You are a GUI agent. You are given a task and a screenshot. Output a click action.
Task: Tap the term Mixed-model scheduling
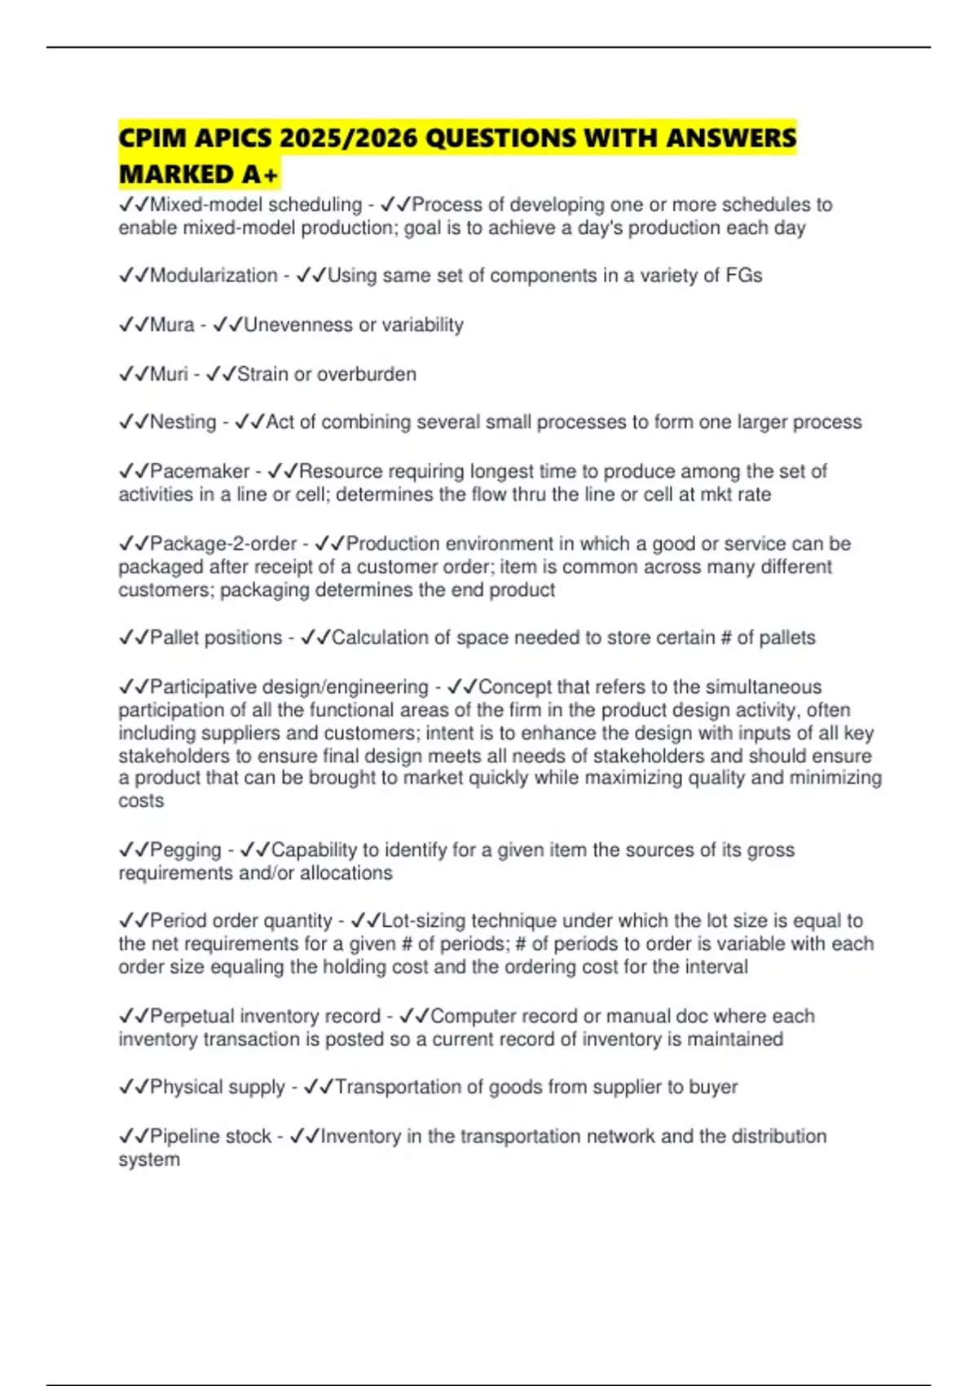(x=256, y=205)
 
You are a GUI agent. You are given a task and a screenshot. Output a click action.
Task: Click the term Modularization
(x=214, y=276)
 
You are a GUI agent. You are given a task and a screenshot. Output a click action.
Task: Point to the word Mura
(x=172, y=324)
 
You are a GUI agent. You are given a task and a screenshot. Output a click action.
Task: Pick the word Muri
(x=169, y=373)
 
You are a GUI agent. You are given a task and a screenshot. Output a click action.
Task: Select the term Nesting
(x=183, y=422)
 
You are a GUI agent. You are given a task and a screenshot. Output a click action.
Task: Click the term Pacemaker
(x=200, y=470)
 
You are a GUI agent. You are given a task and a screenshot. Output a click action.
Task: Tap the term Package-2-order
(x=223, y=543)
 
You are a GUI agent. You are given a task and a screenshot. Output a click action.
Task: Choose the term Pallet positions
(x=216, y=637)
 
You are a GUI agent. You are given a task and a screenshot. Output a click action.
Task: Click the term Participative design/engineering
(x=289, y=686)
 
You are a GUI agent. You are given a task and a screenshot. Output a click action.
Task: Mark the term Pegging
(x=185, y=850)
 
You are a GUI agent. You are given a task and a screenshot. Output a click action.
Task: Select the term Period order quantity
(x=241, y=920)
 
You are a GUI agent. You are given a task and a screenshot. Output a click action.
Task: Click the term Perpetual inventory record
(x=265, y=1016)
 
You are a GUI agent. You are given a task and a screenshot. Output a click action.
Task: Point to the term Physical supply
(x=218, y=1087)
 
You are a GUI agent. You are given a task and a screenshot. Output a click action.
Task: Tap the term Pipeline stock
(x=210, y=1136)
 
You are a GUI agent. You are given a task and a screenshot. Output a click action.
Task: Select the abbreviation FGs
(x=743, y=276)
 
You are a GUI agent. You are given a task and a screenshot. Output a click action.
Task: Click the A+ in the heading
(x=260, y=174)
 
